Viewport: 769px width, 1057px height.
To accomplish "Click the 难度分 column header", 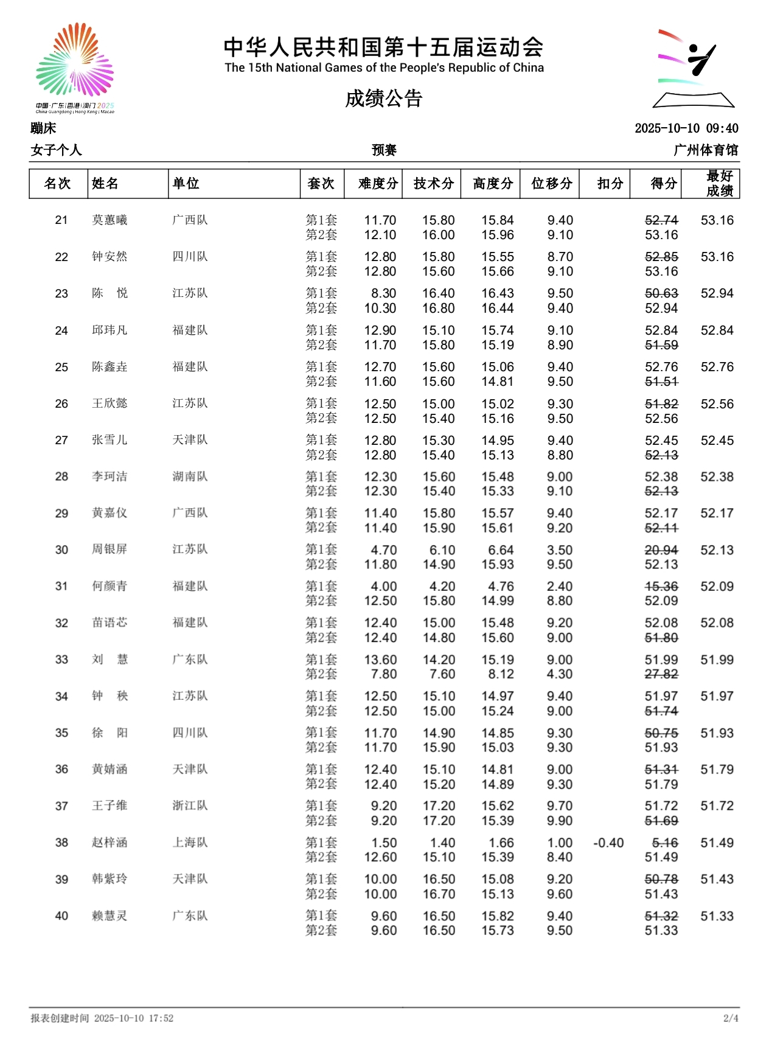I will tap(378, 183).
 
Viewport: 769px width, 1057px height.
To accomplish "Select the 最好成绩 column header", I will tap(719, 183).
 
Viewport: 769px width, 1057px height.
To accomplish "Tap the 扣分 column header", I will tap(610, 183).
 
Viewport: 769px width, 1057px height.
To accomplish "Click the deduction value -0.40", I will tap(608, 843).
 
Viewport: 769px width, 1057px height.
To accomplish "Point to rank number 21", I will tap(61, 220).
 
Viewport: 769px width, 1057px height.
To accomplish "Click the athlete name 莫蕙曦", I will tap(110, 220).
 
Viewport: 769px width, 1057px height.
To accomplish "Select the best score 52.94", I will tap(717, 293).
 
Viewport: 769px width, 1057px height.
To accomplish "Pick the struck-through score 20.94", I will tap(661, 550).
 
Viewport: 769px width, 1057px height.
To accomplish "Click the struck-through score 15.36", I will tap(661, 587).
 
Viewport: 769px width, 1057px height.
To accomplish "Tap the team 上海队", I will tap(190, 843).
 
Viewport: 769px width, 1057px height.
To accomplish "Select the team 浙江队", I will tap(190, 806).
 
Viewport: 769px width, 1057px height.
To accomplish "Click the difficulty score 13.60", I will tap(380, 660).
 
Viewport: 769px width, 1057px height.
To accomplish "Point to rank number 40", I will tap(61, 916).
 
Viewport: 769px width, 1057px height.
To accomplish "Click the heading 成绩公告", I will tap(384, 99).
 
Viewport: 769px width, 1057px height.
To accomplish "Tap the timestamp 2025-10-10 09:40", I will tap(686, 128).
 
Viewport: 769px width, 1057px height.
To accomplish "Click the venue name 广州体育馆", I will tap(706, 150).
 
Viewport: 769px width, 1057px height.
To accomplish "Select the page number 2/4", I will tap(731, 1018).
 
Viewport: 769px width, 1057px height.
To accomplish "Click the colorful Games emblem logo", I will tap(75, 64).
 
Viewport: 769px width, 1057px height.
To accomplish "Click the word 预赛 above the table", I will tap(384, 150).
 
